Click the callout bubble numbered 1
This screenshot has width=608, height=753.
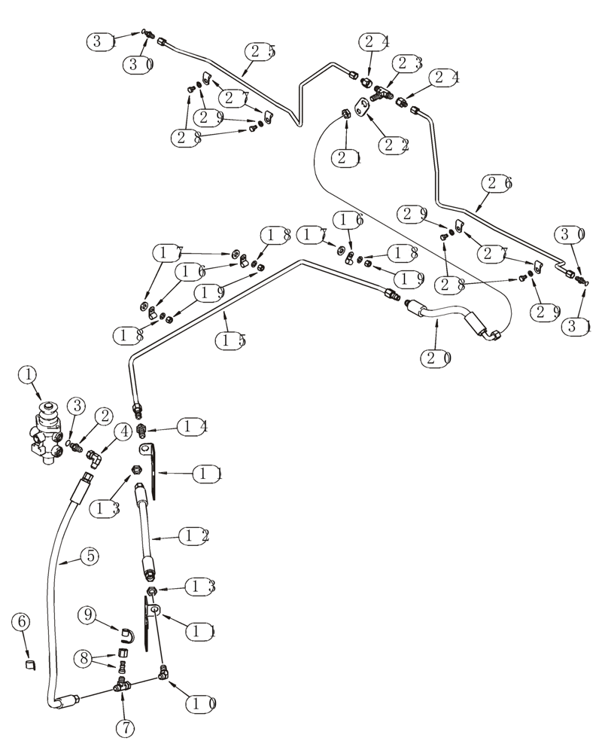[28, 373]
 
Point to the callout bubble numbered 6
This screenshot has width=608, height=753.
[23, 622]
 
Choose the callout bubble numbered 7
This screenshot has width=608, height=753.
[125, 728]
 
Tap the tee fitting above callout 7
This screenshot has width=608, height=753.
[122, 686]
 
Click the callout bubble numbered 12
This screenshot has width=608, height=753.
[193, 536]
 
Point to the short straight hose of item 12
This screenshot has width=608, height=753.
[144, 531]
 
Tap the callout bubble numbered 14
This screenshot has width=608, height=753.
[192, 427]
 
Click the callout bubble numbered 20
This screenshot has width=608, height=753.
[436, 358]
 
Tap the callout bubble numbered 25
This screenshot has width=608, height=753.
[260, 52]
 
